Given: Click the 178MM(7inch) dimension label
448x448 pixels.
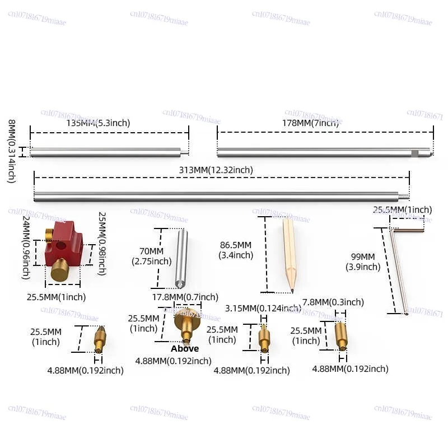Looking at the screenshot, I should [x=310, y=123].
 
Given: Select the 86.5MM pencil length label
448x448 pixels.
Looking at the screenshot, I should [x=235, y=250].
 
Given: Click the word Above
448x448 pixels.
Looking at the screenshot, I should [x=185, y=348].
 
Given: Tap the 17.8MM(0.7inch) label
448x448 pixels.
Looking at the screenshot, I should [x=185, y=297].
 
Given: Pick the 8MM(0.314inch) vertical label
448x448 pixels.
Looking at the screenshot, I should [x=11, y=151].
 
